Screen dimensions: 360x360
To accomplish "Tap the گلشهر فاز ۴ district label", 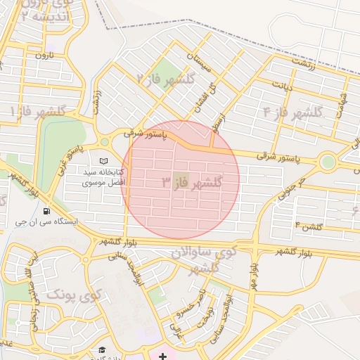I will (292, 112).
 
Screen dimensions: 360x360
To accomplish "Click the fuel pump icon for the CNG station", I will (46, 210).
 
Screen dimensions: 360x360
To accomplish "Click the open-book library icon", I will (104, 161).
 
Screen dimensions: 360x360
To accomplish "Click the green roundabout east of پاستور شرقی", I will (327, 163).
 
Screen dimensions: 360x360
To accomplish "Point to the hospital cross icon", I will (163, 356).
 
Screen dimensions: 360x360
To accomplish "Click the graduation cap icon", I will (103, 350).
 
